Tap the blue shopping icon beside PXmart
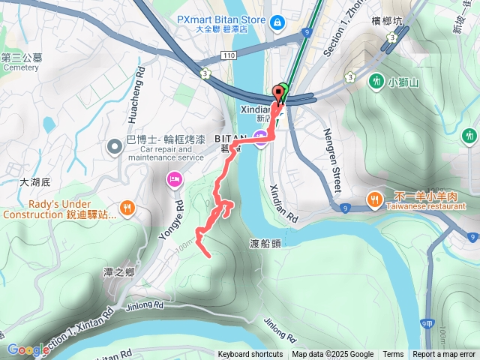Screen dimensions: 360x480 click(x=277, y=23)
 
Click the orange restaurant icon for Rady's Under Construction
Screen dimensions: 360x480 click(x=128, y=208)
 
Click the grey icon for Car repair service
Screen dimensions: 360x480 click(x=114, y=145)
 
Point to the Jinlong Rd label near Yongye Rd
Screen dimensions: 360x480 click(x=145, y=306)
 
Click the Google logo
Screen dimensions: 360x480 click(x=28, y=349)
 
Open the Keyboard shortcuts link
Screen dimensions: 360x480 click(x=250, y=355)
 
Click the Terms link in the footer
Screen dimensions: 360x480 click(x=393, y=355)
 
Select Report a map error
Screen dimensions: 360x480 click(x=444, y=355)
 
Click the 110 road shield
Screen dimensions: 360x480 click(x=229, y=55)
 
